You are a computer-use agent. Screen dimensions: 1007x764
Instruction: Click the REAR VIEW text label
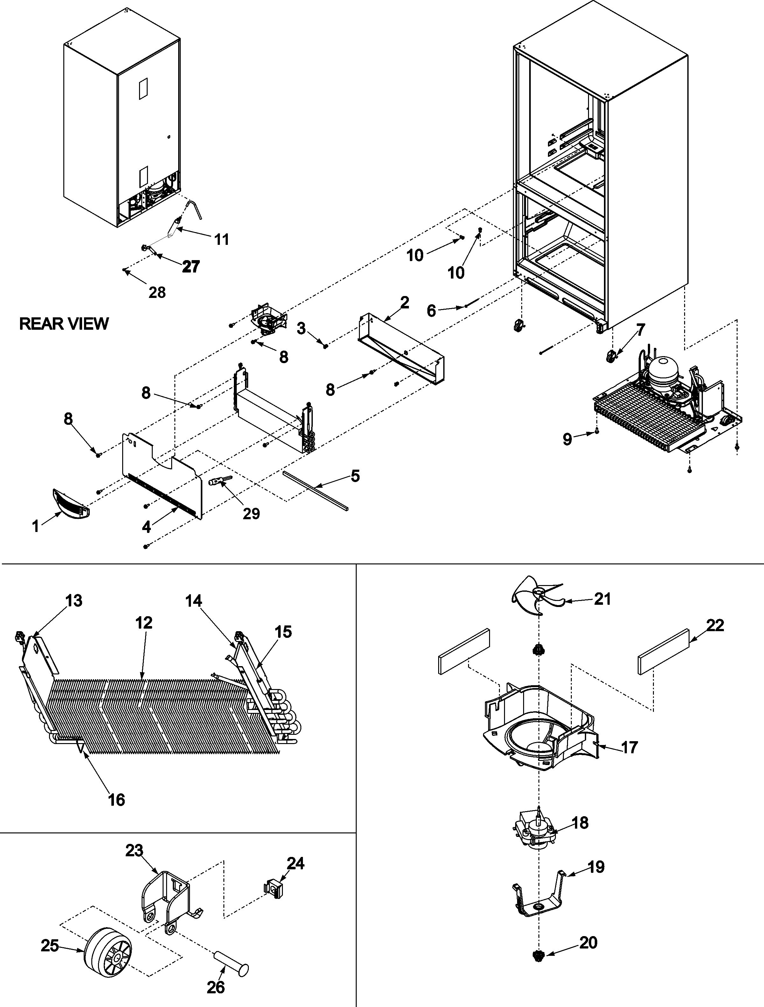64,324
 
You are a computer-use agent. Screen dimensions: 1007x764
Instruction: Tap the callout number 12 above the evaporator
144,623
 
